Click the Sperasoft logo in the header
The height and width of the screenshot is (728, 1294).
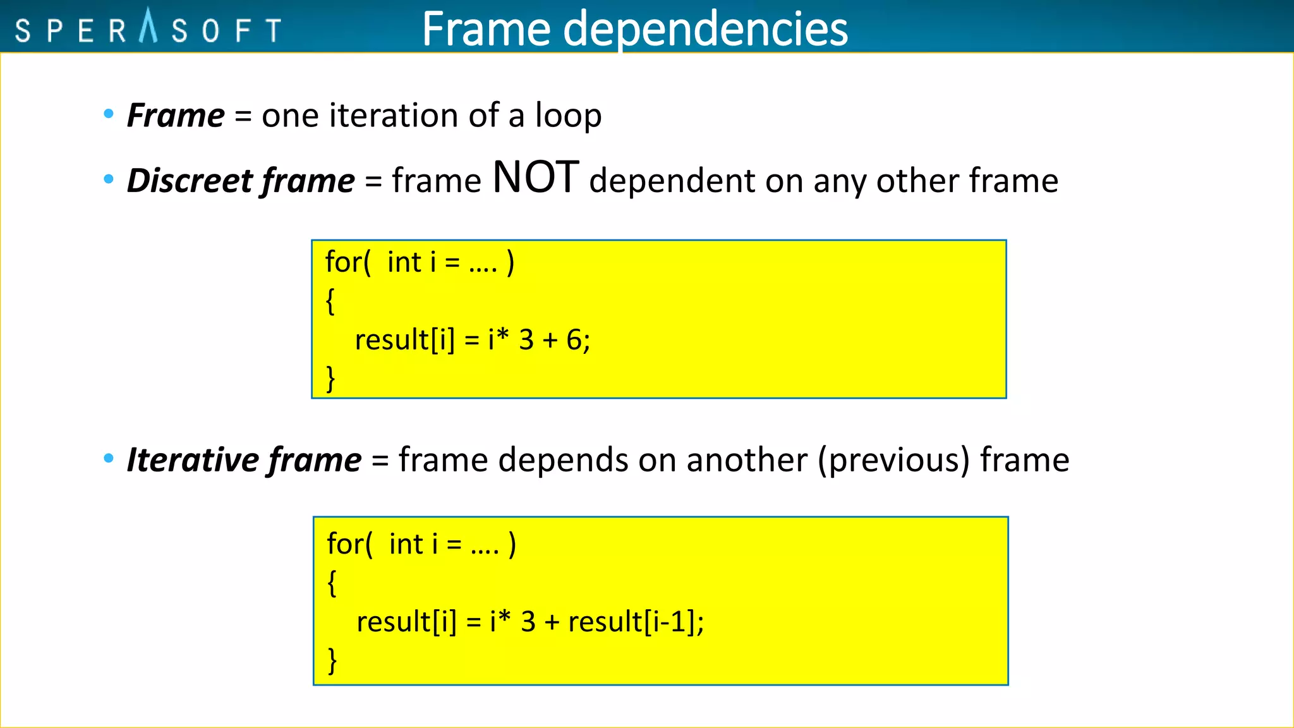pos(148,28)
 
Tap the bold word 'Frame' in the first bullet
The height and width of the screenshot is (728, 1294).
pos(176,116)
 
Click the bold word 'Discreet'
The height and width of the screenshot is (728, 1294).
pos(190,181)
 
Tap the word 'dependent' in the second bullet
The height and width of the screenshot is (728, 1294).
pos(671,181)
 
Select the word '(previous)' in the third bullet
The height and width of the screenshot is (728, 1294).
pos(893,460)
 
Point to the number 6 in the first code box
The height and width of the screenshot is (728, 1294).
pos(574,340)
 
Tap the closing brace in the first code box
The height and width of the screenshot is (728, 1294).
pos(330,379)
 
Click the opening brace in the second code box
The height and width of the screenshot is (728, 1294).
pos(332,583)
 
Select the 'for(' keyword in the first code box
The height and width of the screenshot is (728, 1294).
pos(348,262)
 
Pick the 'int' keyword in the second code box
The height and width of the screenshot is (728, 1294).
pos(406,544)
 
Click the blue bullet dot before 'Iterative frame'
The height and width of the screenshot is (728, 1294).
pos(109,458)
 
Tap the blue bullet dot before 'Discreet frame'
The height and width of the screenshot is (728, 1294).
pos(109,179)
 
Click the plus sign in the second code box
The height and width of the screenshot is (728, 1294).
pos(552,622)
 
